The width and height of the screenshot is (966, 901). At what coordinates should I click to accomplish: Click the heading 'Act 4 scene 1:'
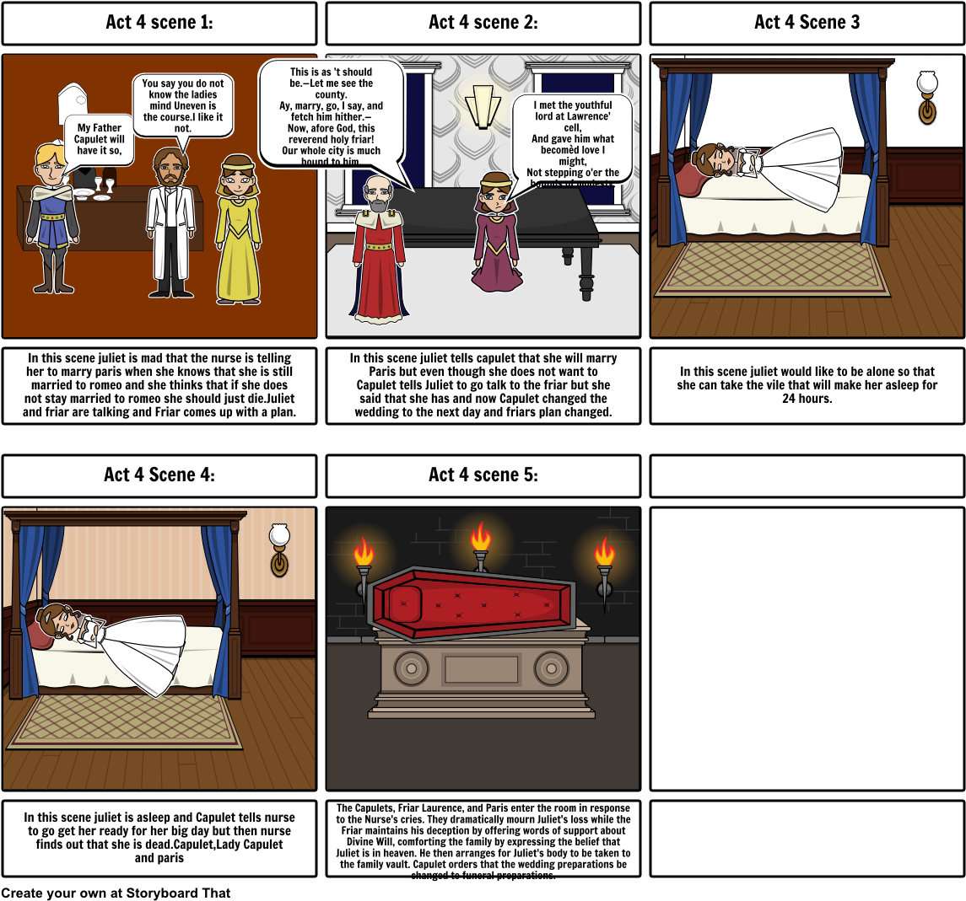[x=159, y=23]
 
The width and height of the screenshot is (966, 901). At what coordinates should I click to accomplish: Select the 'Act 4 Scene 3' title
[x=807, y=23]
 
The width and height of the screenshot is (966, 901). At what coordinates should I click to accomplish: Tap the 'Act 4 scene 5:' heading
[x=483, y=475]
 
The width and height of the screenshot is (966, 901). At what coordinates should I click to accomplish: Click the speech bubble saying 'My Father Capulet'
[x=100, y=139]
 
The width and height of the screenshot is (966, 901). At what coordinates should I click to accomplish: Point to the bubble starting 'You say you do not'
[x=183, y=105]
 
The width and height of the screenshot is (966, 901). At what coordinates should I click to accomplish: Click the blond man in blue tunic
[x=52, y=218]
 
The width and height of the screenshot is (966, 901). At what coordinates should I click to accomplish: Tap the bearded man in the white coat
[x=170, y=223]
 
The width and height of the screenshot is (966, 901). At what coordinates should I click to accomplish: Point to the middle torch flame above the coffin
[x=480, y=537]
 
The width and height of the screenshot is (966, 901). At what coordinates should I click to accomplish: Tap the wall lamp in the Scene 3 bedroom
[x=927, y=98]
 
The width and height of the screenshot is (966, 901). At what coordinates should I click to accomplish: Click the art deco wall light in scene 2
[x=483, y=106]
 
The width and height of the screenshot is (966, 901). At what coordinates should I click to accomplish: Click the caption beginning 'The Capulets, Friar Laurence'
[x=483, y=840]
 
